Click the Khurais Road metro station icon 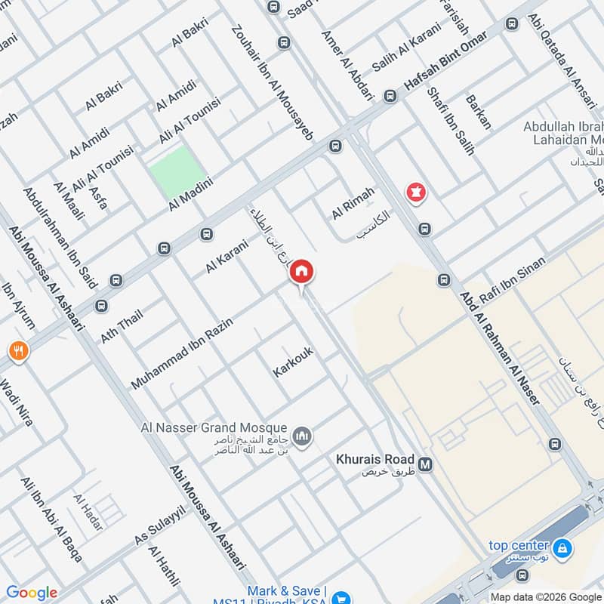425,464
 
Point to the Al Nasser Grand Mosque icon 304,437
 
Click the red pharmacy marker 414,193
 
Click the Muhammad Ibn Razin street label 182,353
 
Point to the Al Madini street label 192,194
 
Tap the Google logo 31,593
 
